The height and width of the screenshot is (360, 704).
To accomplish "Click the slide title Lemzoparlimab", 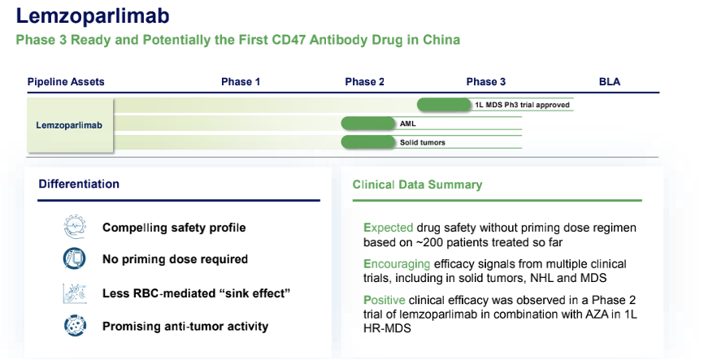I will (x=94, y=17).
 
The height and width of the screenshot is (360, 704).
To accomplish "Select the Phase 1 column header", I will (x=241, y=82).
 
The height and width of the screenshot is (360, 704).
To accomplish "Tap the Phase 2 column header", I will (x=365, y=82).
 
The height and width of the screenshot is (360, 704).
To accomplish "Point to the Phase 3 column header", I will (x=486, y=82).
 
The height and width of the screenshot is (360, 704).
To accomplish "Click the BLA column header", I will (x=610, y=82).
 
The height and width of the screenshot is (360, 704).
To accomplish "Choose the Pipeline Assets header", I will (x=66, y=82).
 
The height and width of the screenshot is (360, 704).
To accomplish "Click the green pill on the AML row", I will (x=367, y=124).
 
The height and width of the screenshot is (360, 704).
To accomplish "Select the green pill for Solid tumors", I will (x=367, y=142).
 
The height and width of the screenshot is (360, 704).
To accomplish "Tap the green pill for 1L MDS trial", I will (x=444, y=104).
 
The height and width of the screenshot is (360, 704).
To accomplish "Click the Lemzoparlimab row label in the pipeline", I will (x=69, y=125).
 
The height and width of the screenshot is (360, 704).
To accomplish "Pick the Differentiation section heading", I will (x=79, y=184).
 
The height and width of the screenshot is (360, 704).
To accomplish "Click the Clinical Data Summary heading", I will (x=417, y=185).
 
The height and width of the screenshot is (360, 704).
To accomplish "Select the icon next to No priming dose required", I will (x=74, y=259).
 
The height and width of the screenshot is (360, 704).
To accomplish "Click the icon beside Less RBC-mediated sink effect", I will (x=74, y=293).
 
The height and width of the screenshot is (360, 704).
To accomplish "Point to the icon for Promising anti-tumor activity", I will (x=74, y=327).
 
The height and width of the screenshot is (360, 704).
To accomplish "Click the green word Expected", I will (x=389, y=228).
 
